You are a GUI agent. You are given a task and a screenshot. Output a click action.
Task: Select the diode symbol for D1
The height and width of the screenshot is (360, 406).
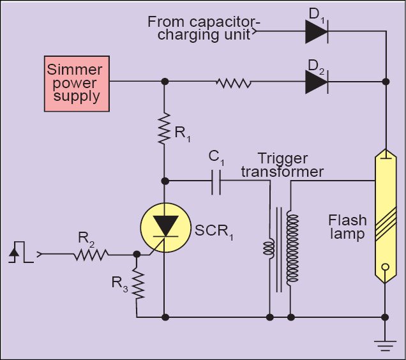317,31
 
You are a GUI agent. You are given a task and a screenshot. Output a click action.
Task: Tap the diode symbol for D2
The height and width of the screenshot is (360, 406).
317,81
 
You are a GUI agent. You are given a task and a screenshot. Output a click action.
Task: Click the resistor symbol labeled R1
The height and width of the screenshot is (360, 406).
165,129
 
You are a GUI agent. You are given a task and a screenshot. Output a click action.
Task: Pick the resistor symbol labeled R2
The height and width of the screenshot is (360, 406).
91,255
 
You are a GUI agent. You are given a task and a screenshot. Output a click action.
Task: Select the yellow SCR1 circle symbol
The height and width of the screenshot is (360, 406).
165,229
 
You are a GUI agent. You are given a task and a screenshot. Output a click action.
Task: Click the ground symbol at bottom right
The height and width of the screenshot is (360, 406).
385,345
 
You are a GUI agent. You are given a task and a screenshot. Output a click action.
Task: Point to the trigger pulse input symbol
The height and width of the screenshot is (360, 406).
19,253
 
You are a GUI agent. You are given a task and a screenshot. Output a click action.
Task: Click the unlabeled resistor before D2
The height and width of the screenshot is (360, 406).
234,82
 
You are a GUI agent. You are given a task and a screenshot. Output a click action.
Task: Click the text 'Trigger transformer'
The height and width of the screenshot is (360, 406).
290,165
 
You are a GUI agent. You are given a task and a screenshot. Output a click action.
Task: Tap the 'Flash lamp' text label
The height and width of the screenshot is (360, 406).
347,227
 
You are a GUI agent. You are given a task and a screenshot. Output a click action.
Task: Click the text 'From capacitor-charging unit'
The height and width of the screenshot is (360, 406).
204,27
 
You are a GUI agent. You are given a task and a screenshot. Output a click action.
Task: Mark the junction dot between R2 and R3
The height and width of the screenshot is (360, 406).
137,254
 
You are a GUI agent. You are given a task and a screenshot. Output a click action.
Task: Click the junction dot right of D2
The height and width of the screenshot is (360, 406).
385,82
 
